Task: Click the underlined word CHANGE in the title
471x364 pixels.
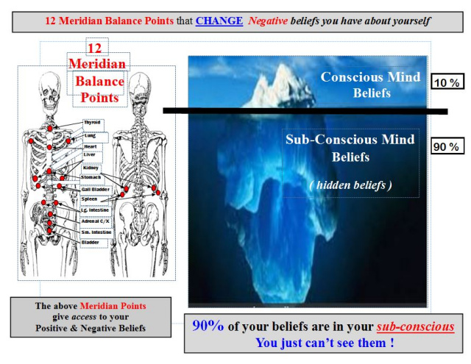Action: click(219, 21)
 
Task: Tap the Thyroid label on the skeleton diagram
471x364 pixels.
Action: click(92, 122)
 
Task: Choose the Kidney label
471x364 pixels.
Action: click(91, 168)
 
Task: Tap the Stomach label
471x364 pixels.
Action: click(91, 177)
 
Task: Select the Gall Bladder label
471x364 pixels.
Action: click(96, 190)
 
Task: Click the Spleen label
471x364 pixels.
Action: click(89, 199)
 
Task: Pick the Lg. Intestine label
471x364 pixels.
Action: click(95, 210)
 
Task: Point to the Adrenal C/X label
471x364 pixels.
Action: click(96, 221)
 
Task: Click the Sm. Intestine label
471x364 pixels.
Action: click(96, 232)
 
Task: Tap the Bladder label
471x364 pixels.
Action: click(90, 242)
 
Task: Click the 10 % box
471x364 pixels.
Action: click(447, 82)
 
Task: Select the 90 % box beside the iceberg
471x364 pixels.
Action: click(447, 146)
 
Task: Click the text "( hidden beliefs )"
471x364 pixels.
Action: click(350, 185)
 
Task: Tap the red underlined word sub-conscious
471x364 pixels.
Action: click(415, 326)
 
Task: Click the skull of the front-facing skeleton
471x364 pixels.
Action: click(49, 91)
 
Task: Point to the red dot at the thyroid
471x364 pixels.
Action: click(50, 129)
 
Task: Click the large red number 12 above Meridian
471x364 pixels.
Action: click(95, 49)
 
